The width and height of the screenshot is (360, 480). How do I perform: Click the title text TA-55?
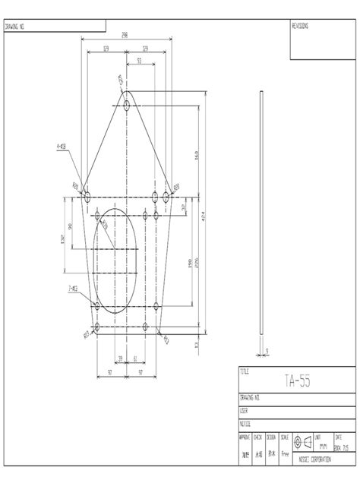(297, 381)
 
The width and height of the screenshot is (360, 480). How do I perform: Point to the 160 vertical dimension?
(196, 156)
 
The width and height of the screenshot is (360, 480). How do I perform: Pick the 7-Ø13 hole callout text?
(72, 289)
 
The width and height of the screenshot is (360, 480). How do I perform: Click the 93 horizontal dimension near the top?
(139, 60)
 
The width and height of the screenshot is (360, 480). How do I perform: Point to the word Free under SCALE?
(285, 453)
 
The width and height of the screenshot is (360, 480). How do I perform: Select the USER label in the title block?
(245, 410)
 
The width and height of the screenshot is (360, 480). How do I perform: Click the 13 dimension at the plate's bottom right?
(196, 343)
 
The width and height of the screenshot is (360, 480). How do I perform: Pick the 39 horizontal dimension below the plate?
(119, 358)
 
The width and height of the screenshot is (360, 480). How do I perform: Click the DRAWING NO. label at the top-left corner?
(16, 26)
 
